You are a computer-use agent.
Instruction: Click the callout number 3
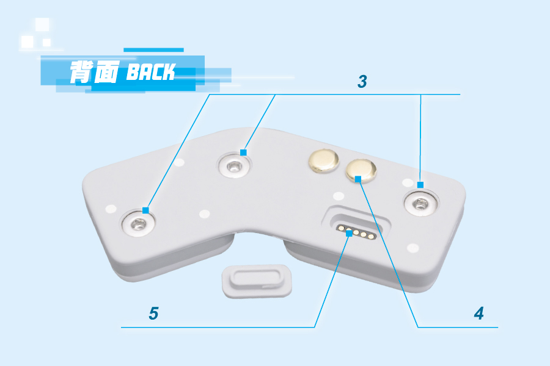coord(362,81)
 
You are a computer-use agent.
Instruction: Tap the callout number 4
coord(479,314)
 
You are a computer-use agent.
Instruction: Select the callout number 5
coord(153,314)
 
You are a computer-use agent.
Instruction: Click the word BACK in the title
coord(150,73)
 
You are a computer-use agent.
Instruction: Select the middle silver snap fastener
coord(234,165)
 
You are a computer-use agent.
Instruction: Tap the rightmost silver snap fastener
coord(420,203)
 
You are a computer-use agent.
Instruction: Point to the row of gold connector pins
coord(356,233)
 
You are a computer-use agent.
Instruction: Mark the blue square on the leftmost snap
coord(145,210)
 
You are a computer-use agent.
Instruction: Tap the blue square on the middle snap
coord(243,152)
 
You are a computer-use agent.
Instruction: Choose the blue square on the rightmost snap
coord(420,184)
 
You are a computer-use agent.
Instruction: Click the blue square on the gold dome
coord(359,179)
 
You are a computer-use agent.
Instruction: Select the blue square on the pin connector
coord(348,233)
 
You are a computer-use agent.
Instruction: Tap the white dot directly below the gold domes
coord(337,196)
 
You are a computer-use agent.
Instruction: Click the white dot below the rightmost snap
coord(413,248)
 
